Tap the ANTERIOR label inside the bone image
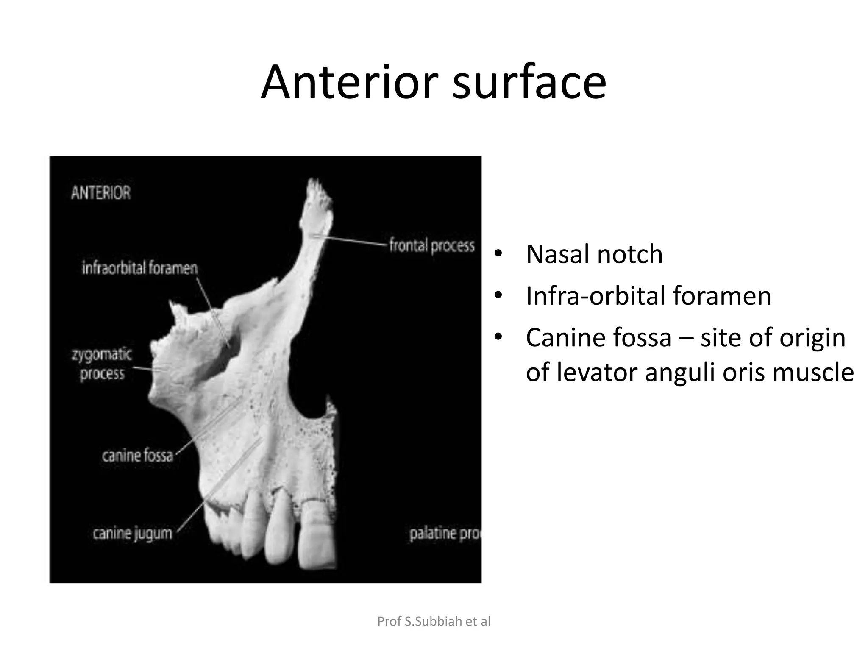101,193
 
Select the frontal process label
431,246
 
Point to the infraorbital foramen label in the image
140,268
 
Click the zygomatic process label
102,364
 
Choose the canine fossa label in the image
137,456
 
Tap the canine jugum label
133,533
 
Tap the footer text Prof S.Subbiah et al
434,621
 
